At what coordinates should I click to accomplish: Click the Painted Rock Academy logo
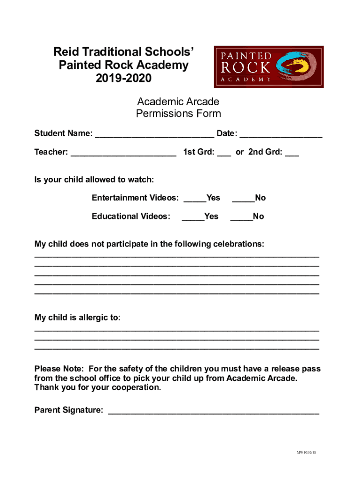268,66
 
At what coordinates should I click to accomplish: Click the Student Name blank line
154,136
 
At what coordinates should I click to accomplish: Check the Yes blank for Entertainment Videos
194,201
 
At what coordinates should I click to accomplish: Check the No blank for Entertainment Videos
243,201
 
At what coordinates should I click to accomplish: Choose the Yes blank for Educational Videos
193,219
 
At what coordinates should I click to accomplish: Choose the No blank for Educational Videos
241,219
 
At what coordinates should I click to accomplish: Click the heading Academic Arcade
178,102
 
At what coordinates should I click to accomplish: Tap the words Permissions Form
178,114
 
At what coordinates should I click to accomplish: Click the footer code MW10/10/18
306,453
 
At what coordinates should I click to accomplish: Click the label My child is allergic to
77,318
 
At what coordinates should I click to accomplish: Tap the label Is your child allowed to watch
94,180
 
